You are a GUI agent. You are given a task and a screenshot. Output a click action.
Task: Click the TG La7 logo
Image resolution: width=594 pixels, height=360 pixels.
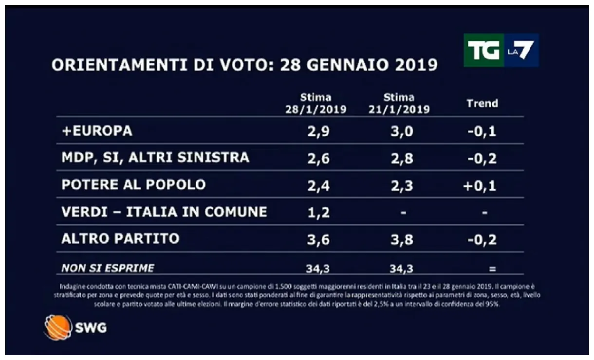501,50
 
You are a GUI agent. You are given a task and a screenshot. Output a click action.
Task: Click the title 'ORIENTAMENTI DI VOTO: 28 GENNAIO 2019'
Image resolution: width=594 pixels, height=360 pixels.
244,65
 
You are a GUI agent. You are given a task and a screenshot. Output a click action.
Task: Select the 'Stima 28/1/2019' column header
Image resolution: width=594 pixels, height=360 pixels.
316,103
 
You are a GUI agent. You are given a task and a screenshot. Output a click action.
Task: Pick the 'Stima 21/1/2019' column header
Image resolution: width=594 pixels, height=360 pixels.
399,103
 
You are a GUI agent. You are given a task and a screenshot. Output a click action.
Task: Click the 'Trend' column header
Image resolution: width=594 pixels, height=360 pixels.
482,103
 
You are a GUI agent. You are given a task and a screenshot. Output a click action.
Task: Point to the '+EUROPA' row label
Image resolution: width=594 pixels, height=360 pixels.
96,131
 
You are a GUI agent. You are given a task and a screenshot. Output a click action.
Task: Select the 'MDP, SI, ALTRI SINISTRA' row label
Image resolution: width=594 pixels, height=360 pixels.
155,158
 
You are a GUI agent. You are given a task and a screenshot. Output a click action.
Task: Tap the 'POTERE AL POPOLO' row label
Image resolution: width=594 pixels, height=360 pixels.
133,185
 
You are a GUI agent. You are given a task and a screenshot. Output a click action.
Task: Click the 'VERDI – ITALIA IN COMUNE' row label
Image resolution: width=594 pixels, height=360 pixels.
164,212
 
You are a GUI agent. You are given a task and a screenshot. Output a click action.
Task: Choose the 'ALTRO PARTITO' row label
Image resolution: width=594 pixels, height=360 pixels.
120,239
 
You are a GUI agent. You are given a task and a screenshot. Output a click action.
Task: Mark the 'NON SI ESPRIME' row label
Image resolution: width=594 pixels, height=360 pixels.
108,268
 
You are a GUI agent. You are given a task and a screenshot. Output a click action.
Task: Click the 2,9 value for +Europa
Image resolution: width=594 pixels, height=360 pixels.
319,132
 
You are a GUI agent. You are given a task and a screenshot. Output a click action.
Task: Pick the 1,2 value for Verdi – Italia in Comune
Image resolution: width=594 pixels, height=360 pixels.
319,213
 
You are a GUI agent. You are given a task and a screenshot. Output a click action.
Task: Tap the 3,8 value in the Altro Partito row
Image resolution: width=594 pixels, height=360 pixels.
402,239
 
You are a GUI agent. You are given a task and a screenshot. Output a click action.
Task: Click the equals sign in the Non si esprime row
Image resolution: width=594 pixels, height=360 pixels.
492,269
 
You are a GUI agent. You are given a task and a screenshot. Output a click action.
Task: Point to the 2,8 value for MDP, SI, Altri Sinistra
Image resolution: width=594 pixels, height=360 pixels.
402,159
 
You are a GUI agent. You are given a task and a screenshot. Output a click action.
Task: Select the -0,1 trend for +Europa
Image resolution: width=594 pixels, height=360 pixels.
482,132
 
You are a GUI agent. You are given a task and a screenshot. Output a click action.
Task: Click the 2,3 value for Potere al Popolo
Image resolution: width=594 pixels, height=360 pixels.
402,186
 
